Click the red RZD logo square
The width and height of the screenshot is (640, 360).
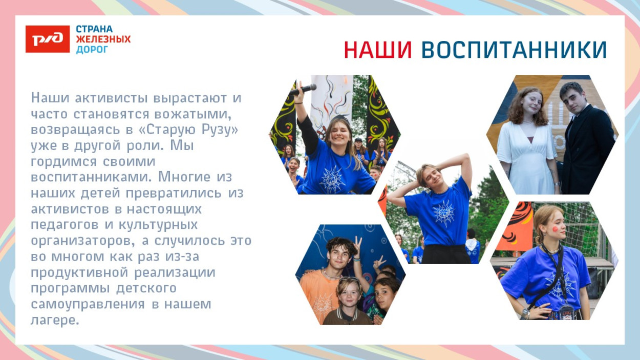point(48,39)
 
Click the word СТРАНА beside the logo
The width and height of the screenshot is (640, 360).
point(94,29)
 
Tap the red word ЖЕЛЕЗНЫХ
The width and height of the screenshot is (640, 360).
point(103,39)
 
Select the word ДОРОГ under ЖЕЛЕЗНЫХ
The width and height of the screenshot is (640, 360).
point(92,50)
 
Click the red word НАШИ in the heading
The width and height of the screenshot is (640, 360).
point(378,50)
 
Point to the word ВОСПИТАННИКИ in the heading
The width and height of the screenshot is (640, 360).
point(514,50)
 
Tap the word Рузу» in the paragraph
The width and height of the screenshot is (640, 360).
point(221,130)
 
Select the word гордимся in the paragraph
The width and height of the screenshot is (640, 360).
point(59,161)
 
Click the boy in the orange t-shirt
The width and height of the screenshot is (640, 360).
point(320,287)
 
